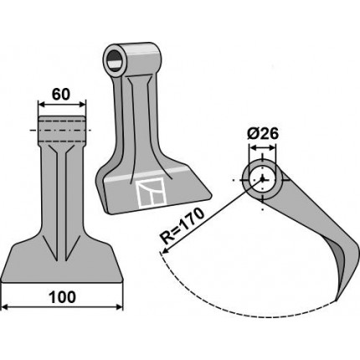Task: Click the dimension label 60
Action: click(61, 95)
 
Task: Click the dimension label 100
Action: click(62, 297)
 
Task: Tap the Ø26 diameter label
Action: click(263, 134)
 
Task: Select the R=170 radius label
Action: click(183, 227)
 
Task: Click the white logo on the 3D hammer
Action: click(151, 193)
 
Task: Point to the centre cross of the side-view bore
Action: click(262, 179)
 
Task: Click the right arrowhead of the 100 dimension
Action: click(120, 307)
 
